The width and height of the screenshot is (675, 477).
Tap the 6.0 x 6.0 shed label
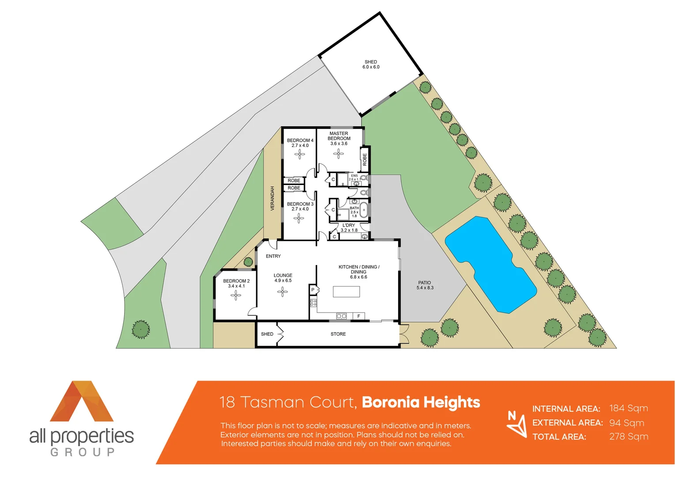(371, 64)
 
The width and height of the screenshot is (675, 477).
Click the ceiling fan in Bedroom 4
(300, 154)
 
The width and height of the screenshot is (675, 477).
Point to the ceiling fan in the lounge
(283, 291)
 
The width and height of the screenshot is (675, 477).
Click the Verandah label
(273, 198)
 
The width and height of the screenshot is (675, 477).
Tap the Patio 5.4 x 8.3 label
(425, 285)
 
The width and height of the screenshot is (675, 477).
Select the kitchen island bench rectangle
(346, 291)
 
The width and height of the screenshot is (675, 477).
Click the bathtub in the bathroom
(364, 210)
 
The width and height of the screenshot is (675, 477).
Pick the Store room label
(338, 334)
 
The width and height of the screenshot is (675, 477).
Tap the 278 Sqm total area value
(629, 437)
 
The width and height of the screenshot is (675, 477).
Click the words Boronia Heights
(421, 402)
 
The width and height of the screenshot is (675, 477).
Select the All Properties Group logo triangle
(82, 402)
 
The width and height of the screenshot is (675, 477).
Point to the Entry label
(273, 256)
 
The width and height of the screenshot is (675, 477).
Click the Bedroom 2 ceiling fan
(236, 295)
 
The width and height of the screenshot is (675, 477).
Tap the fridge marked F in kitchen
(359, 316)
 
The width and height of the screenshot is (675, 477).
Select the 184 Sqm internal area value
(629, 409)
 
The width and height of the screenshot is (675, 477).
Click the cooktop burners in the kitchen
(313, 303)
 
